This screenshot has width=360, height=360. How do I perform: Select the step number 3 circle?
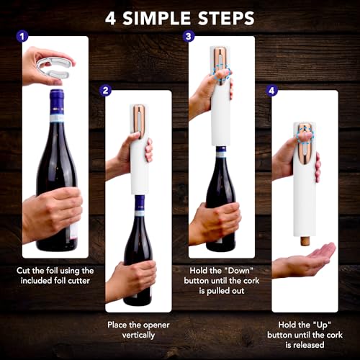pyautogui.click(x=189, y=35)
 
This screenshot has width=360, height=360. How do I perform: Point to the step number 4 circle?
pyautogui.click(x=271, y=91)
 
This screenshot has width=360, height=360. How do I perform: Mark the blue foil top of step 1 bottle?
pyautogui.click(x=57, y=100)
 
